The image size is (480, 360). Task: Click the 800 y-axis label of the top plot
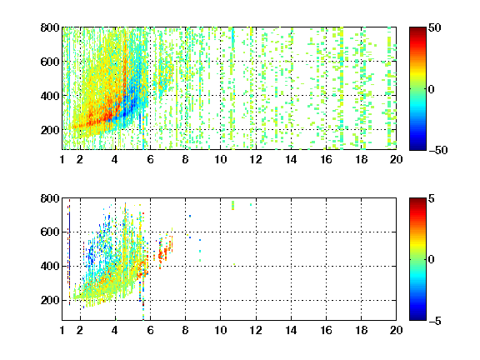point(50,27)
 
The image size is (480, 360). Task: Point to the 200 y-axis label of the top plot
point(50,130)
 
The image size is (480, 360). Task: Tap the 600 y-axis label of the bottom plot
point(50,232)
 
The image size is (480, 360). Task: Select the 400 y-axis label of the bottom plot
point(50,266)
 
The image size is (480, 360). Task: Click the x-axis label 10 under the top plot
point(220,159)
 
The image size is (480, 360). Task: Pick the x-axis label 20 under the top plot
point(396,159)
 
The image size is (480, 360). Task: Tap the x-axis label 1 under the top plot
point(62,159)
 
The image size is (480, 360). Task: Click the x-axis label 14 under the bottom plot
point(291,330)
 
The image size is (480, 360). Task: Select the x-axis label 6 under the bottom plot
point(150,330)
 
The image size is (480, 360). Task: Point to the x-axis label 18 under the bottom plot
point(361,330)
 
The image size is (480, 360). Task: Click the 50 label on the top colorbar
point(435,27)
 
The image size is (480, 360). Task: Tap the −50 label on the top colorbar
point(438,150)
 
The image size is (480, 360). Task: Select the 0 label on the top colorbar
point(432,89)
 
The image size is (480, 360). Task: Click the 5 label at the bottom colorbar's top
point(432,198)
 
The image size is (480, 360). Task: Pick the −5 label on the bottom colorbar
point(435,321)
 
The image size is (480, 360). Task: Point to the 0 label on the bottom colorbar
point(432,260)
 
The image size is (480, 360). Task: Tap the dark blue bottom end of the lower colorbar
point(417,318)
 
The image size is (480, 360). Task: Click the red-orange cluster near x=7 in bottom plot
point(164,252)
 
